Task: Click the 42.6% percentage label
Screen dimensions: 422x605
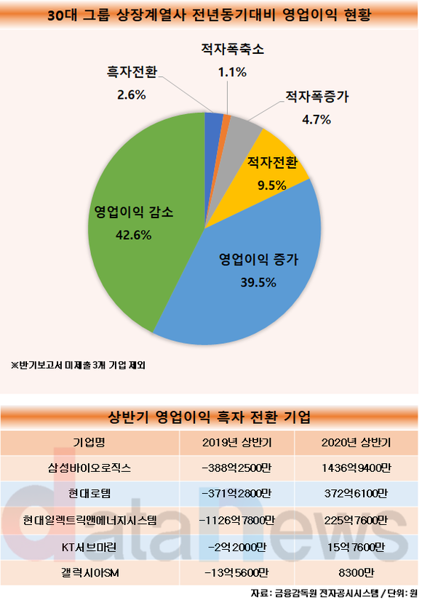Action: point(134,235)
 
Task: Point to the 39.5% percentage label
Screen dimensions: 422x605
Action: point(258,282)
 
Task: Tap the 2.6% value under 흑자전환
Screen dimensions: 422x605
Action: point(132,95)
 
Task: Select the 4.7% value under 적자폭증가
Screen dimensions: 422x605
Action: point(316,119)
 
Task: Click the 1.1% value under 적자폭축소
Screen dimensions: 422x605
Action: point(232,72)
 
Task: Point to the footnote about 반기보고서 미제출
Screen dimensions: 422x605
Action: point(78,365)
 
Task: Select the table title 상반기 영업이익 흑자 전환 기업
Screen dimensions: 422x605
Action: point(210,417)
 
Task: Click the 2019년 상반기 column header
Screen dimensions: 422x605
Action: point(237,443)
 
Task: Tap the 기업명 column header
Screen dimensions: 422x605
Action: point(89,443)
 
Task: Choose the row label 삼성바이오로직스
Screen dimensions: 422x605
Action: point(89,468)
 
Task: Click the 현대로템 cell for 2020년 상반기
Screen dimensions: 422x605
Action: point(356,494)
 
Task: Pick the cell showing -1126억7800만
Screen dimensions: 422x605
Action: point(237,521)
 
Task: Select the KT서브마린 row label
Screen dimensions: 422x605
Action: point(89,547)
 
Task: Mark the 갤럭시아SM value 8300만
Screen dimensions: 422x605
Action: point(356,573)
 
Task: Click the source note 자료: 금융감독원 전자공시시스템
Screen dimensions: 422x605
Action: point(315,593)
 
